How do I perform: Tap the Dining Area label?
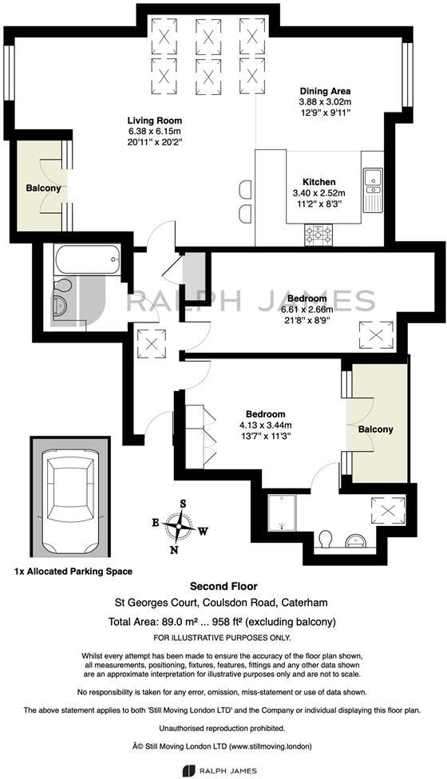click(x=325, y=91)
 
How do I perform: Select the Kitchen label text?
click(x=318, y=182)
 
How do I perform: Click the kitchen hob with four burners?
click(x=318, y=234)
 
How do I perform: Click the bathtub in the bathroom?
click(x=86, y=259)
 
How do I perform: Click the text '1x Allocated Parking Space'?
click(x=73, y=571)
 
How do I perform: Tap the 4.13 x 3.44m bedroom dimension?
click(x=266, y=425)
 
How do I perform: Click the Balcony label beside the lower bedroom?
click(x=375, y=429)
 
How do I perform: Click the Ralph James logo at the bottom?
click(x=223, y=769)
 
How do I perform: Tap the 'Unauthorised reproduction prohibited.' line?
click(x=223, y=729)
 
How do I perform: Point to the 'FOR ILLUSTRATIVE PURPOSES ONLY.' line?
click(x=223, y=637)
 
